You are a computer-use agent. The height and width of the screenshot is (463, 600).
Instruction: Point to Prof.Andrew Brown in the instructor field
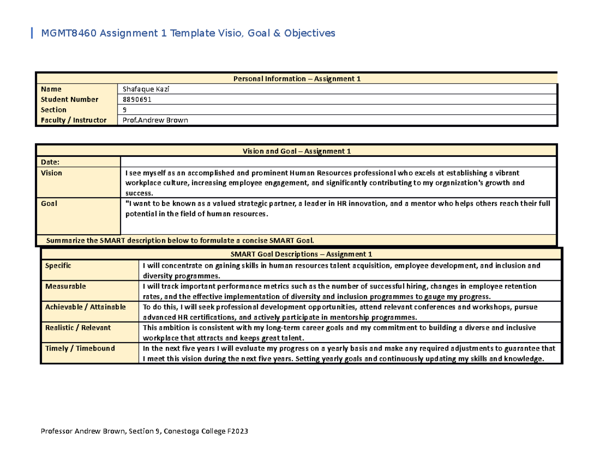pos(152,120)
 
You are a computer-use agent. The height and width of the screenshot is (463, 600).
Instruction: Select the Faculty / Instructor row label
pos(74,120)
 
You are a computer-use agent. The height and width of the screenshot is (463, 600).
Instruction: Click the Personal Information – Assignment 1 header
pos(297,79)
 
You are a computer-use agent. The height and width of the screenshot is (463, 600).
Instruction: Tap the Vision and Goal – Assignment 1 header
pos(297,151)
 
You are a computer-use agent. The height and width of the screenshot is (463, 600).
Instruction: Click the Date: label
pos(50,162)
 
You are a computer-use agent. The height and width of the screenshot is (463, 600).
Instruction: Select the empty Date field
pos(338,162)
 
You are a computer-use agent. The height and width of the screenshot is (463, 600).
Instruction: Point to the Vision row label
pos(51,173)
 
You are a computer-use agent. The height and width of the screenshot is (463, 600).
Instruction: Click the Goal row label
pos(49,204)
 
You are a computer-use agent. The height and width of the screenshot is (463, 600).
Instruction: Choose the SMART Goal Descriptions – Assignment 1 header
pos(300,254)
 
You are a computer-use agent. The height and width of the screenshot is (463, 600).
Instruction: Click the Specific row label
pos(58,266)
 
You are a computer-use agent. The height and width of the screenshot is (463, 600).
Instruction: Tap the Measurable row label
pos(65,287)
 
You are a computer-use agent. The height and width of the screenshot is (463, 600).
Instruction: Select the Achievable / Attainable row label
pos(85,307)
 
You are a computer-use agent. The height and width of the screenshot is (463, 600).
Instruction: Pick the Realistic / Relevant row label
pos(77,328)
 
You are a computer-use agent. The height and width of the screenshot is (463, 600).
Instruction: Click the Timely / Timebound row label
pos(79,349)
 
